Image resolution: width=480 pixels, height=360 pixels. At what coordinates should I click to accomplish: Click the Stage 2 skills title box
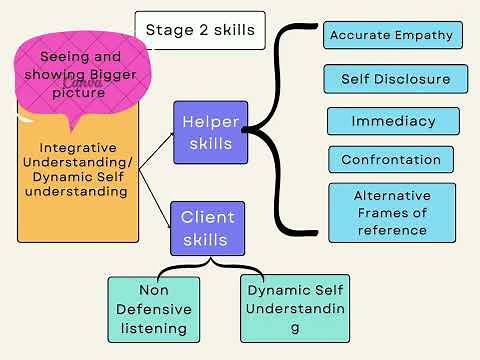[x=199, y=30]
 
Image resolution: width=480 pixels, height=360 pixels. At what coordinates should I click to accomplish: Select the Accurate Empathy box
[x=391, y=36]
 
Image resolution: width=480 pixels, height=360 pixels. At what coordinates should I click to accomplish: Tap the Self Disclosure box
[x=395, y=79]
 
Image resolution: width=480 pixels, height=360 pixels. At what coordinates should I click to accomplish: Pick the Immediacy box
[x=393, y=121]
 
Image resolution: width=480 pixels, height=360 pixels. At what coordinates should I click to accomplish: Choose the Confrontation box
[x=391, y=160]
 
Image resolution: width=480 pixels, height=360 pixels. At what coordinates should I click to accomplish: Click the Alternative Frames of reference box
[x=391, y=212]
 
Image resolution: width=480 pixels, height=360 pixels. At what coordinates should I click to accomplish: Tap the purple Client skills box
[x=207, y=227]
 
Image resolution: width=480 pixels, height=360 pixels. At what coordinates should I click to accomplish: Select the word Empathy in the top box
[x=423, y=36]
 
